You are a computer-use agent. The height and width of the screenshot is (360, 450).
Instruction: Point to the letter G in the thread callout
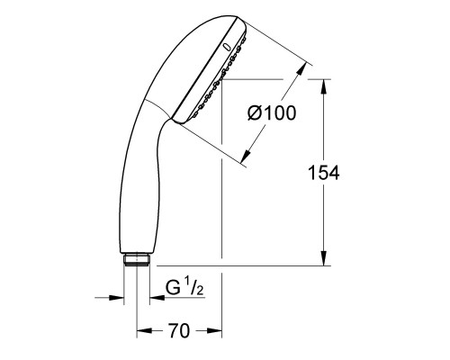[171, 289]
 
